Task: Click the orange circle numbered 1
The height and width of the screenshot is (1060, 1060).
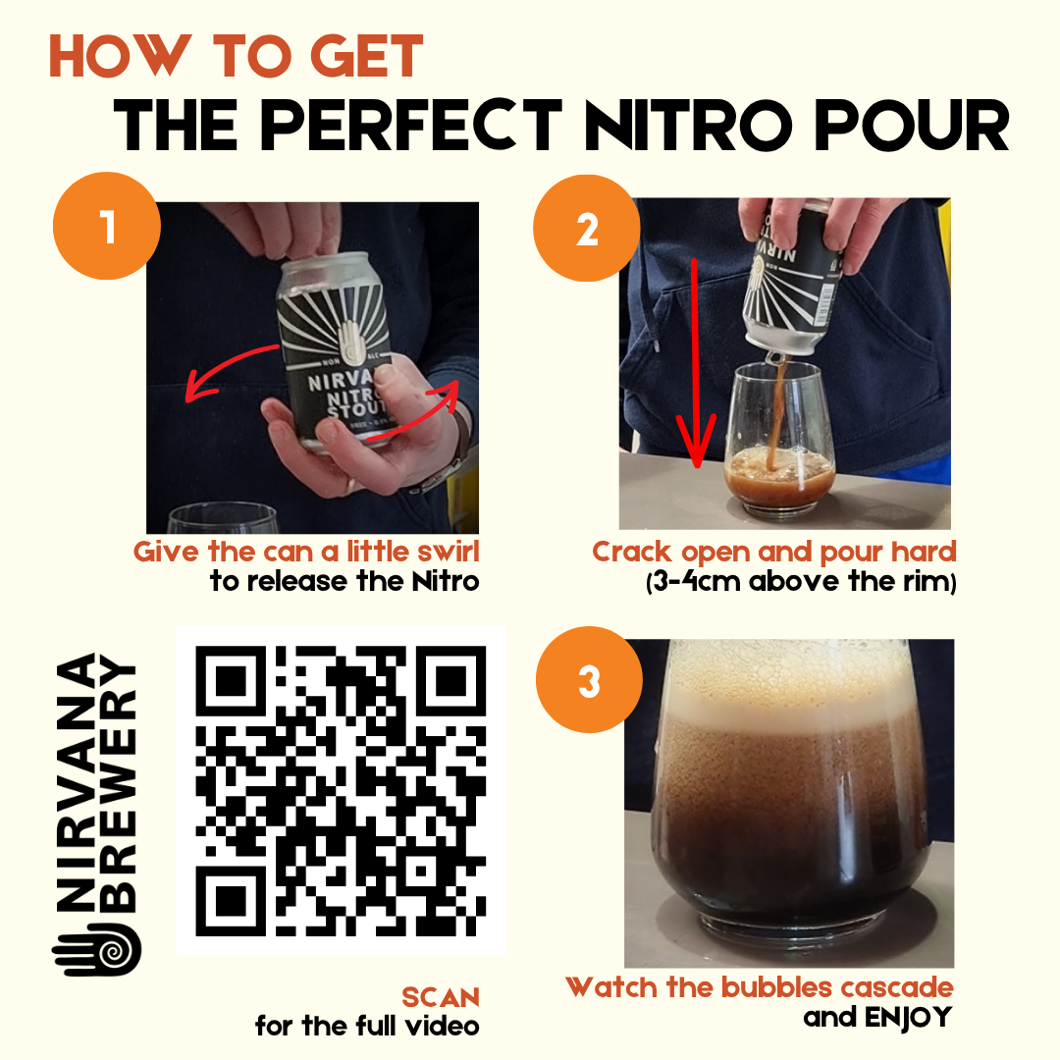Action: [x=107, y=226]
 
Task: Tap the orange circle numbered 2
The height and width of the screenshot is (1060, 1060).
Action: [x=587, y=229]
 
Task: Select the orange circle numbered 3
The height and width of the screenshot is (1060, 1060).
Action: [x=589, y=679]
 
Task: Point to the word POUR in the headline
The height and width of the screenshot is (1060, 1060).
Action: [x=912, y=126]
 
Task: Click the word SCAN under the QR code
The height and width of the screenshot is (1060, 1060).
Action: [x=440, y=997]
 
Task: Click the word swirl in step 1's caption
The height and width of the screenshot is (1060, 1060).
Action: [x=449, y=552]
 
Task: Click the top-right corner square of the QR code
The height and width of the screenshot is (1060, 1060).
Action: [x=450, y=681]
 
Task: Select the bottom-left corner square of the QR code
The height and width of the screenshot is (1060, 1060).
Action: [x=231, y=901]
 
